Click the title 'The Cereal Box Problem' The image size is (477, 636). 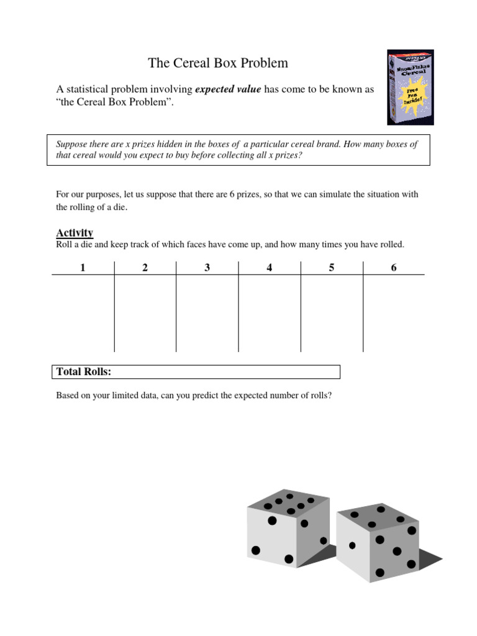[217, 63]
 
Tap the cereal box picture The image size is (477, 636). [411, 88]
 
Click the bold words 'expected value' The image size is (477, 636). [228, 89]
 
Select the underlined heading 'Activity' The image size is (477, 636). [75, 233]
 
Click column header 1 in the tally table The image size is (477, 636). [83, 268]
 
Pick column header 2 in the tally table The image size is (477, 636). [145, 268]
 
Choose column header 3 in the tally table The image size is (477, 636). [207, 268]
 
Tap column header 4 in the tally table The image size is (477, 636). [270, 268]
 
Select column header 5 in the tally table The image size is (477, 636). [332, 268]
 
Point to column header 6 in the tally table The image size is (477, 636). [394, 268]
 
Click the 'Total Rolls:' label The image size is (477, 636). [84, 371]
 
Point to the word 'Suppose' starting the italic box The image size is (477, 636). [71, 144]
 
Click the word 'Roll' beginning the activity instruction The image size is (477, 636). [65, 245]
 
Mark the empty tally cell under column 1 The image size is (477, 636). [83, 314]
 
